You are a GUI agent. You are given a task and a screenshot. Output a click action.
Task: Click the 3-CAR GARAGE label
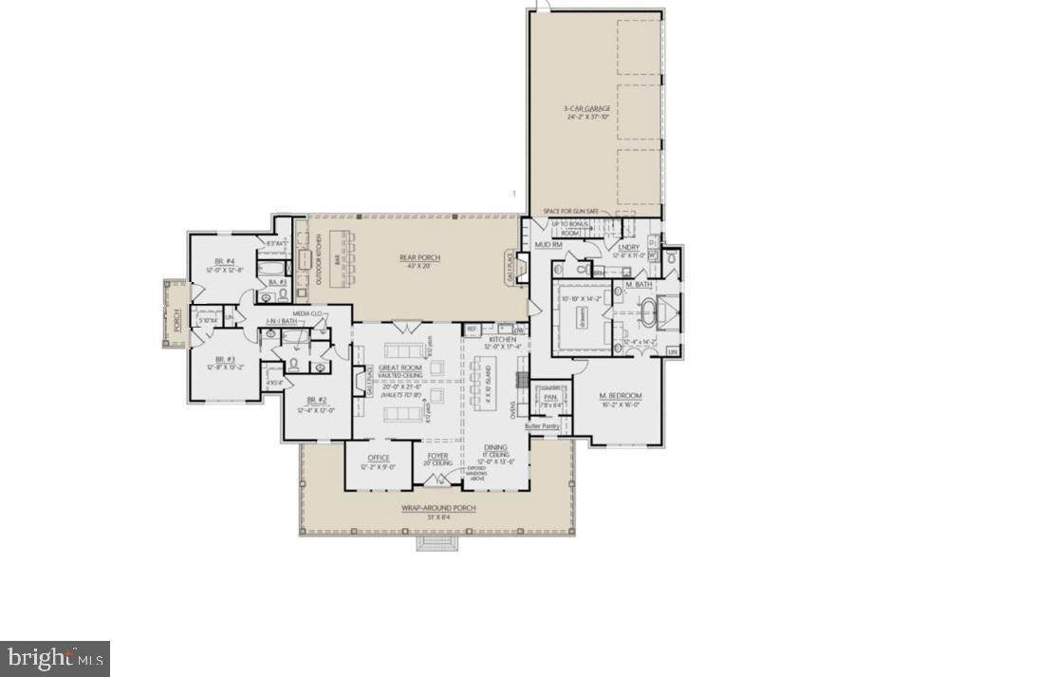point(585,109)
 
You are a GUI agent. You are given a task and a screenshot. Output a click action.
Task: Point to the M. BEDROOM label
point(621,395)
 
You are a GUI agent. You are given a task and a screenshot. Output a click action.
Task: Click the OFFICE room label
point(378,458)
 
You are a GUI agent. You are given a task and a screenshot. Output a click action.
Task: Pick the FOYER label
point(437,456)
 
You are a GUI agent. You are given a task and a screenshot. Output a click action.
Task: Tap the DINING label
point(495,447)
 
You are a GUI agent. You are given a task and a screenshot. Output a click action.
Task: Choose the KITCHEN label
point(502,339)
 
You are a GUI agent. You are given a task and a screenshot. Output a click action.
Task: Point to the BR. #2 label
point(316,400)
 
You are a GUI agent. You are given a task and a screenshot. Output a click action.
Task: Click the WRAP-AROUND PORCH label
point(437,508)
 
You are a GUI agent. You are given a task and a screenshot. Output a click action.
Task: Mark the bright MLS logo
point(55,657)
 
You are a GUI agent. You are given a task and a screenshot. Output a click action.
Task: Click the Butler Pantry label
point(542,426)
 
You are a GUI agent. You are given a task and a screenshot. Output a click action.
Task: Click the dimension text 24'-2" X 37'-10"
point(585,118)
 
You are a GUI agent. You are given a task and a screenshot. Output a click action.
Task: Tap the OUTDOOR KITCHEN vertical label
point(319,259)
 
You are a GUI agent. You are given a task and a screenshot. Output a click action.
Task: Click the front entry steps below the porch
point(437,544)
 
